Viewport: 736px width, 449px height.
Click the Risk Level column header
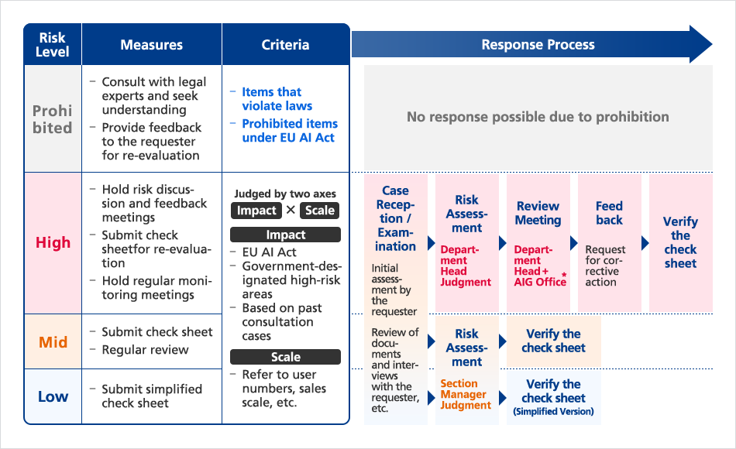click(x=53, y=45)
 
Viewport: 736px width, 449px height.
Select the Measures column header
click(x=152, y=45)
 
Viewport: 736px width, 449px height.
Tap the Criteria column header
click(x=285, y=45)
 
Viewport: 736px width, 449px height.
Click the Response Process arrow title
click(x=538, y=44)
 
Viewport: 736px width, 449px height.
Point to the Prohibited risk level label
click(x=53, y=119)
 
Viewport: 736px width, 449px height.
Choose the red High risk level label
click(x=53, y=242)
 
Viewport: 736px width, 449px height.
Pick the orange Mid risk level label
click(x=53, y=341)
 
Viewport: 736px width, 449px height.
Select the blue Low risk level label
click(x=53, y=396)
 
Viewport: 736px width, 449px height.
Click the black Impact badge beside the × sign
click(x=256, y=211)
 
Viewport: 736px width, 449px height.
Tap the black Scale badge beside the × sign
click(x=320, y=211)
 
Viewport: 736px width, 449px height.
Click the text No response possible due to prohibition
click(x=538, y=117)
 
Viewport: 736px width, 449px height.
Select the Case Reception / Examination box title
click(x=395, y=218)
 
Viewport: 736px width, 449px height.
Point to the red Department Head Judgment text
click(x=466, y=266)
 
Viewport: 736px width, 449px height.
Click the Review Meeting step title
click(x=538, y=213)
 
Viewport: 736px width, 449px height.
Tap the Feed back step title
click(x=609, y=213)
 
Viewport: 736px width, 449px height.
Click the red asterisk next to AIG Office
click(x=565, y=275)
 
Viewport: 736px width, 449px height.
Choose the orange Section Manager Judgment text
click(x=466, y=394)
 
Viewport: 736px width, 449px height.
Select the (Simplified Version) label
click(x=553, y=412)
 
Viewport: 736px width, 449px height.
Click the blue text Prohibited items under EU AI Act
click(x=289, y=130)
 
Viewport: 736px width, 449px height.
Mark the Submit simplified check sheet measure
click(x=151, y=396)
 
